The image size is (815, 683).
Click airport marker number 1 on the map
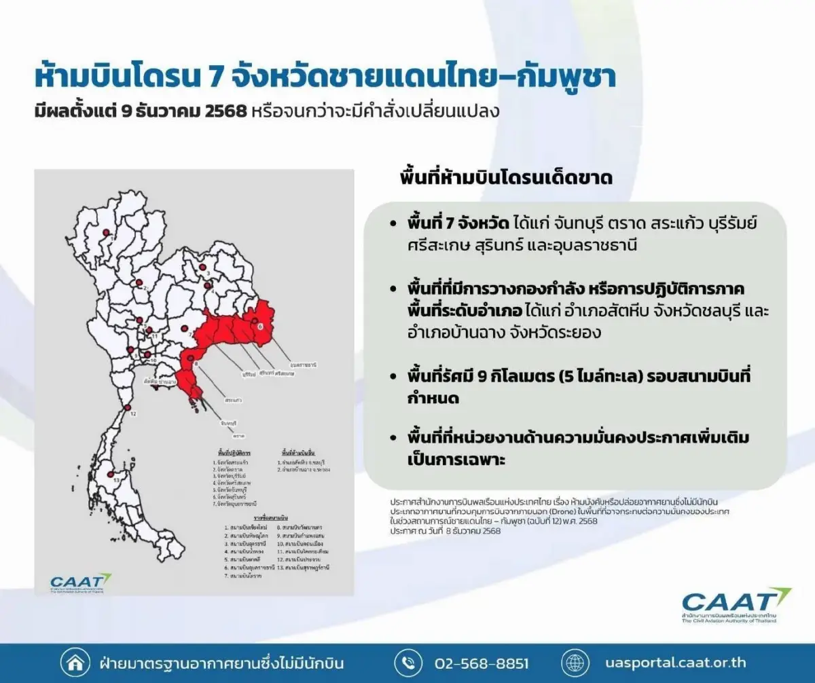[107, 232]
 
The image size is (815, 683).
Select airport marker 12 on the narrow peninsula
[126, 407]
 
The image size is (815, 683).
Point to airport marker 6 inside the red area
[255, 320]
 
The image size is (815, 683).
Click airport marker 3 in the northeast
[202, 267]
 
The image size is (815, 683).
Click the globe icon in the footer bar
[575, 663]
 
